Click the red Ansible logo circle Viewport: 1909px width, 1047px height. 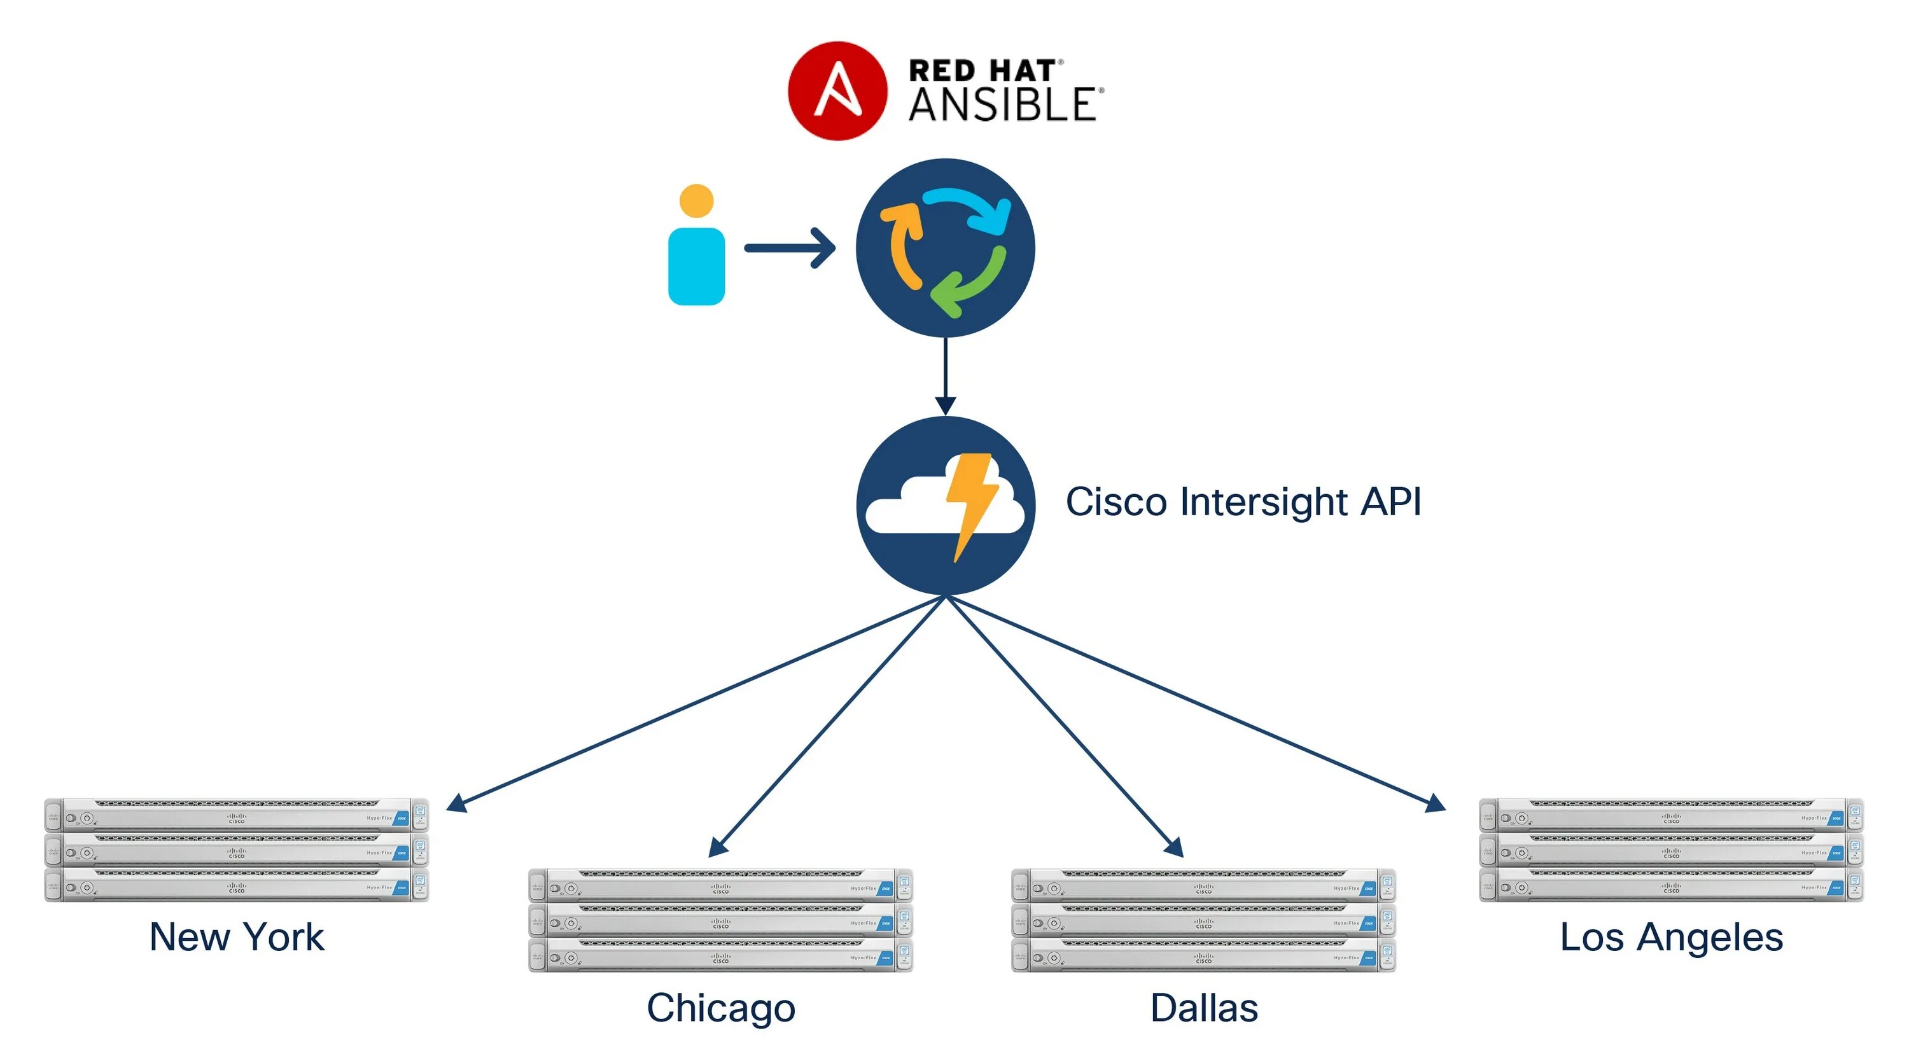click(837, 91)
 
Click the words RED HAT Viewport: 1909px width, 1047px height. click(982, 71)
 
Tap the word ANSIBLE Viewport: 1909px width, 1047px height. click(1002, 105)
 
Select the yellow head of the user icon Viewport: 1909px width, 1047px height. click(696, 200)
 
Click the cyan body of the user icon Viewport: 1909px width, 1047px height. click(696, 266)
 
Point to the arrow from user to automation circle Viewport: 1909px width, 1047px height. click(789, 247)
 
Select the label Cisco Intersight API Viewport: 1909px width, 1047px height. click(1243, 502)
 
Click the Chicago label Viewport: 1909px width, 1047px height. click(720, 1008)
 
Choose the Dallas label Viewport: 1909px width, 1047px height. click(1203, 1008)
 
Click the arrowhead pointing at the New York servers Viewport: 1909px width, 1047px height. click(456, 804)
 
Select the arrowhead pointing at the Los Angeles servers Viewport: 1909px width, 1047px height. click(1436, 804)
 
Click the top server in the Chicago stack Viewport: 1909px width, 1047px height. click(720, 885)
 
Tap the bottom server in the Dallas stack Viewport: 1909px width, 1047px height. click(1203, 956)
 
